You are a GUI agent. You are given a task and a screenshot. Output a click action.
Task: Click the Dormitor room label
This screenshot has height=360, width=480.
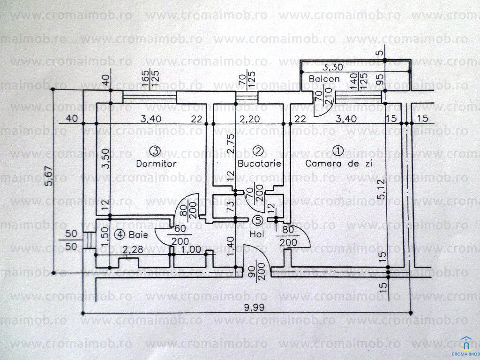click(156, 164)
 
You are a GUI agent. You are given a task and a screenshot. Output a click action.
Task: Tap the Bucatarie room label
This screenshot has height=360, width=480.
click(259, 164)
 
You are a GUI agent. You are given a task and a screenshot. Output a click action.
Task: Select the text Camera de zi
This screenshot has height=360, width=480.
click(336, 164)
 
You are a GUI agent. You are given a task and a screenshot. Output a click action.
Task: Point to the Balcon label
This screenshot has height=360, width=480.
click(324, 79)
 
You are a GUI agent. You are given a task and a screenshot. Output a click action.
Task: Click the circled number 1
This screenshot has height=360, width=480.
click(337, 150)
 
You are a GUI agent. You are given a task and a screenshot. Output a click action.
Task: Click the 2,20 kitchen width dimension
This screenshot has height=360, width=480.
click(248, 118)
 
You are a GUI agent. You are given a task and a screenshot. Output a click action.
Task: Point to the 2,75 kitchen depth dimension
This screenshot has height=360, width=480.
click(230, 144)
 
